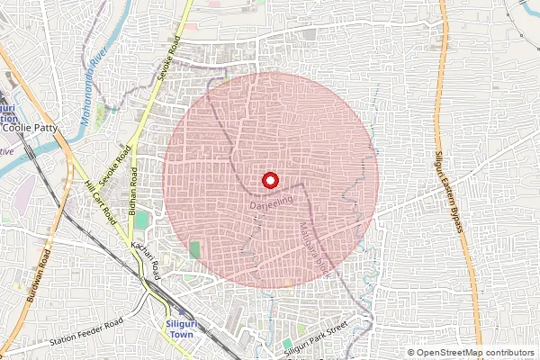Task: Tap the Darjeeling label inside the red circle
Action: tap(270, 207)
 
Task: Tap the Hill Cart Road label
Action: tap(101, 202)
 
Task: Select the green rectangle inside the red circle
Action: tap(195, 248)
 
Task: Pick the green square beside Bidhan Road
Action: tap(143, 218)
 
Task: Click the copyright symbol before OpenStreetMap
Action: tap(411, 353)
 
